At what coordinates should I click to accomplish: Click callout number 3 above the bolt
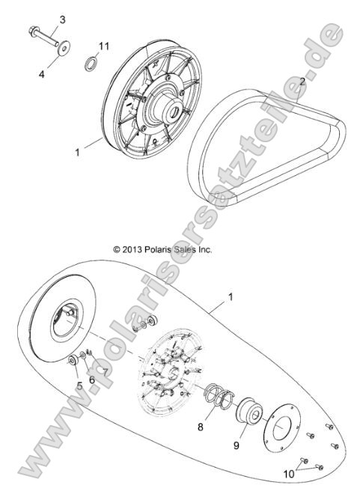(62, 19)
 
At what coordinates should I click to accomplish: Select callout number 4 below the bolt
(42, 74)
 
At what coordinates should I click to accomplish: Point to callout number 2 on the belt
(302, 81)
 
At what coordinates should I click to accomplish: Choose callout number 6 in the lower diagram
(92, 379)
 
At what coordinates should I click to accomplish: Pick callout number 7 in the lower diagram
(106, 372)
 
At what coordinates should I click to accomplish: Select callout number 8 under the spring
(201, 427)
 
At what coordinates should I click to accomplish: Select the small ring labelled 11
(89, 60)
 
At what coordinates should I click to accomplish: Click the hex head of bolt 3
(34, 32)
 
